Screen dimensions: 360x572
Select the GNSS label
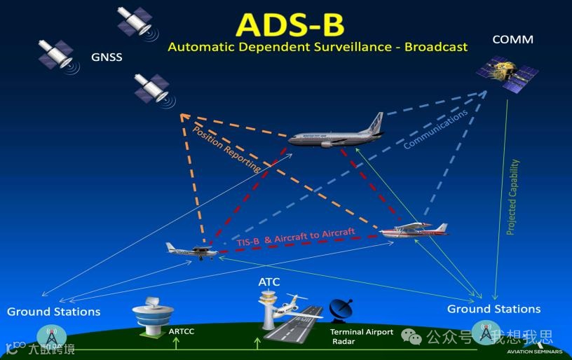(x=107, y=57)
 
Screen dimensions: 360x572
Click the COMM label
(x=512, y=39)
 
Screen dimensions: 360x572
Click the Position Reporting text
(x=226, y=148)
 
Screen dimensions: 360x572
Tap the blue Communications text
(x=435, y=130)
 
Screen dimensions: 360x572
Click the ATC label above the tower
(x=269, y=282)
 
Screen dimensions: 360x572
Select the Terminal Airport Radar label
(x=362, y=337)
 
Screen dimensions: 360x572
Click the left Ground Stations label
(x=53, y=311)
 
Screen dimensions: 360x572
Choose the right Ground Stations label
(x=493, y=309)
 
